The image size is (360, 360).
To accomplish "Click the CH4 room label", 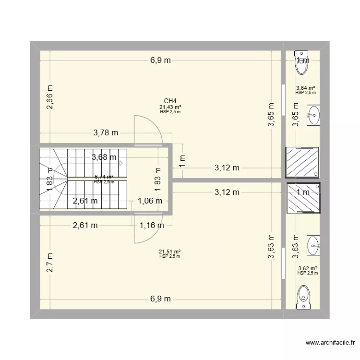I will click(170, 101).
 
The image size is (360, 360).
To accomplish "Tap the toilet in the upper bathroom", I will click(302, 62).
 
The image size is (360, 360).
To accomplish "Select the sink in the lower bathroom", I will click(313, 246).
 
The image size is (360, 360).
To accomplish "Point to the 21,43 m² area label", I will click(170, 107).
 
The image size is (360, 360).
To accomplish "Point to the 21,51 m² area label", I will click(170, 252).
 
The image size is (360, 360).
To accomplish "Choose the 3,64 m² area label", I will click(306, 88).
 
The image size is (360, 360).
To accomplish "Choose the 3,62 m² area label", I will click(307, 268).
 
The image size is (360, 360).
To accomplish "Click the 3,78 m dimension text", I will click(106, 133).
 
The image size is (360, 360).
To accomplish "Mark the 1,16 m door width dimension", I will click(151, 225).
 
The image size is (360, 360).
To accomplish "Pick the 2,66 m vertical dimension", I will click(50, 97).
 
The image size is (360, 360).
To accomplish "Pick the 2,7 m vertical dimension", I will click(50, 263).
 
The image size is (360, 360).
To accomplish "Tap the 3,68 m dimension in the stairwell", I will click(104, 157).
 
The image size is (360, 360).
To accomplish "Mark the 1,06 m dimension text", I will click(150, 201).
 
